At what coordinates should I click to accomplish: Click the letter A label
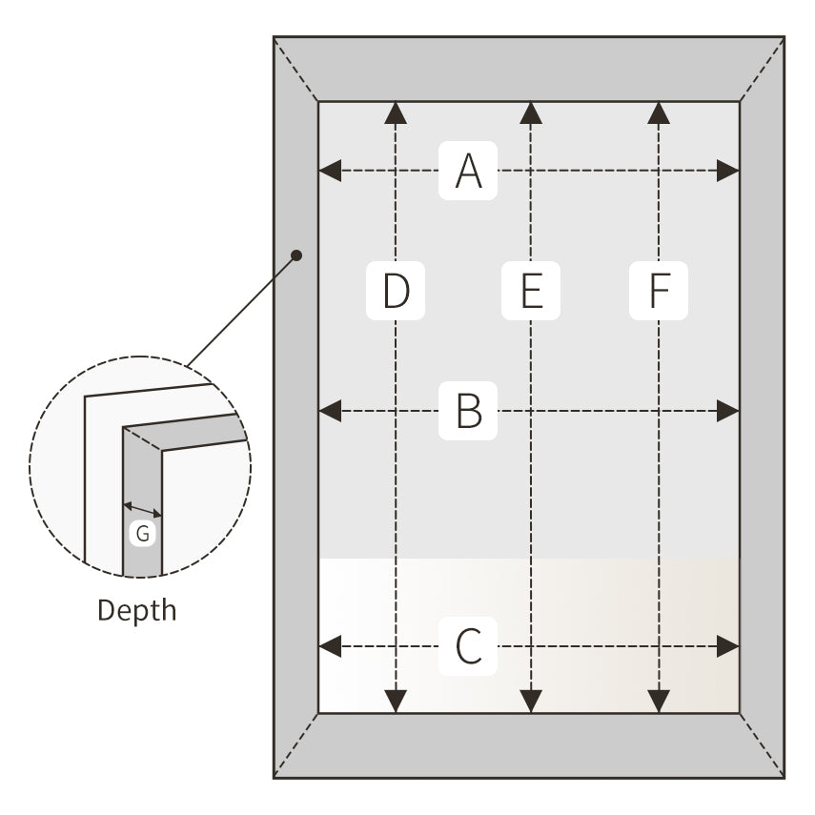click(467, 172)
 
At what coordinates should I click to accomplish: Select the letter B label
click(467, 411)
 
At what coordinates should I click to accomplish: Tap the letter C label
click(467, 647)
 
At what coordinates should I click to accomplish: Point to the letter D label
click(396, 291)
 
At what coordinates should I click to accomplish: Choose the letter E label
click(531, 291)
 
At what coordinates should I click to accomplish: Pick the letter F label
click(659, 291)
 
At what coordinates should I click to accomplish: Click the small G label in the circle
click(143, 534)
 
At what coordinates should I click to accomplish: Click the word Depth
click(137, 610)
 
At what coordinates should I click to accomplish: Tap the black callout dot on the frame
click(296, 255)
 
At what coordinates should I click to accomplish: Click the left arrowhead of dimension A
click(330, 172)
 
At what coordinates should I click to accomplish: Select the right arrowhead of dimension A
click(728, 172)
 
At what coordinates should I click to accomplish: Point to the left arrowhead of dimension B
click(330, 411)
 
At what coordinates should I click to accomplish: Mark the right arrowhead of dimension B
click(728, 411)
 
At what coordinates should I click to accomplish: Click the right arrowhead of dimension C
click(728, 647)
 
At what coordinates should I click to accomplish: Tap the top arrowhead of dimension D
click(396, 113)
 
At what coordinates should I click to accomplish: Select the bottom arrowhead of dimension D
click(396, 702)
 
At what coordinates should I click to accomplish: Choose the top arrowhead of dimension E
click(531, 113)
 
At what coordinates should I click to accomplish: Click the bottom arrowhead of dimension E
click(531, 702)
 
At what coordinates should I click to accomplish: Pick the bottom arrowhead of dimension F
click(659, 702)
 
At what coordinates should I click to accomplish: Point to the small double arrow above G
click(143, 510)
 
